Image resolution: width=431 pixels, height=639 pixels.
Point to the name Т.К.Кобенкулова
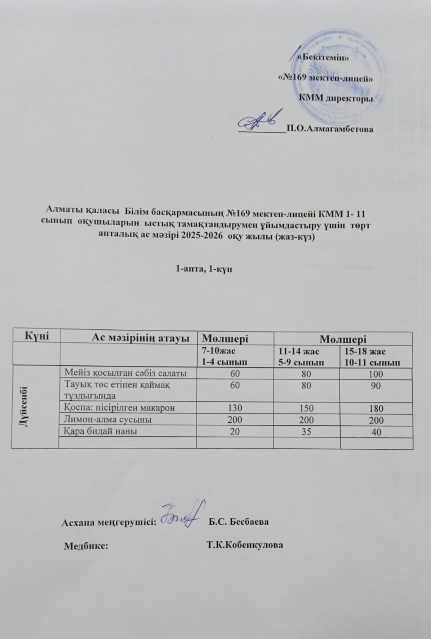[x=244, y=545]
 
